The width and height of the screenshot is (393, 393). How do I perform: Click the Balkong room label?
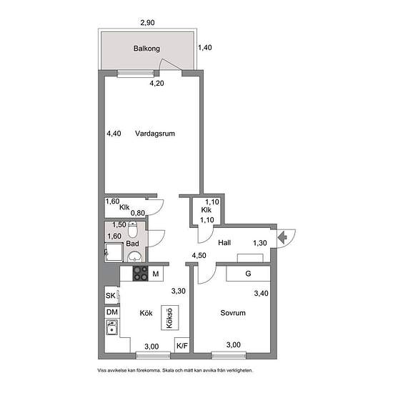tap(146, 49)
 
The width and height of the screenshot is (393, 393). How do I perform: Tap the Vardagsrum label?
tap(155, 134)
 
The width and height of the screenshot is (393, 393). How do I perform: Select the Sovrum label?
tap(233, 313)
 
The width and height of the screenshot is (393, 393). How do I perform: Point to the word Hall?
tap(224, 243)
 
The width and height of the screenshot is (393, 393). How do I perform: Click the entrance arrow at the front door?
tap(282, 237)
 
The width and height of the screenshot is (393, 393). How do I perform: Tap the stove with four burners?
tap(140, 274)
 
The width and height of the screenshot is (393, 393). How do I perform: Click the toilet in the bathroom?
tap(133, 229)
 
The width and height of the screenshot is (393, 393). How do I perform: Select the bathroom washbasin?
tap(135, 257)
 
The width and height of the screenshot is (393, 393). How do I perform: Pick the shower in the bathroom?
tap(114, 252)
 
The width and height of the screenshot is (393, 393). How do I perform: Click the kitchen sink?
tap(111, 327)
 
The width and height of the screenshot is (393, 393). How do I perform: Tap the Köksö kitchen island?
tap(169, 318)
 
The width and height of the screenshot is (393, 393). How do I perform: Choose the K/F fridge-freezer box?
tap(182, 346)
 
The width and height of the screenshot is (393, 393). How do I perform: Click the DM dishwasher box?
tap(112, 312)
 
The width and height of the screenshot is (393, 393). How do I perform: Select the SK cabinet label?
tap(110, 296)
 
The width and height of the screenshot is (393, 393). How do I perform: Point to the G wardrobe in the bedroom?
tap(248, 274)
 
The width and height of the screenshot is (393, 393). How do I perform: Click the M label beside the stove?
tap(156, 274)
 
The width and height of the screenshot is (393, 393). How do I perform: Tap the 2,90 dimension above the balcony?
tap(147, 23)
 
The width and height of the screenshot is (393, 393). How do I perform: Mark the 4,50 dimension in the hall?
tap(199, 255)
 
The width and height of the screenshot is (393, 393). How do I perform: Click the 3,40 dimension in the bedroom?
tap(261, 293)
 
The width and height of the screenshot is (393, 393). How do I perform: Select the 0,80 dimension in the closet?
tap(138, 213)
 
